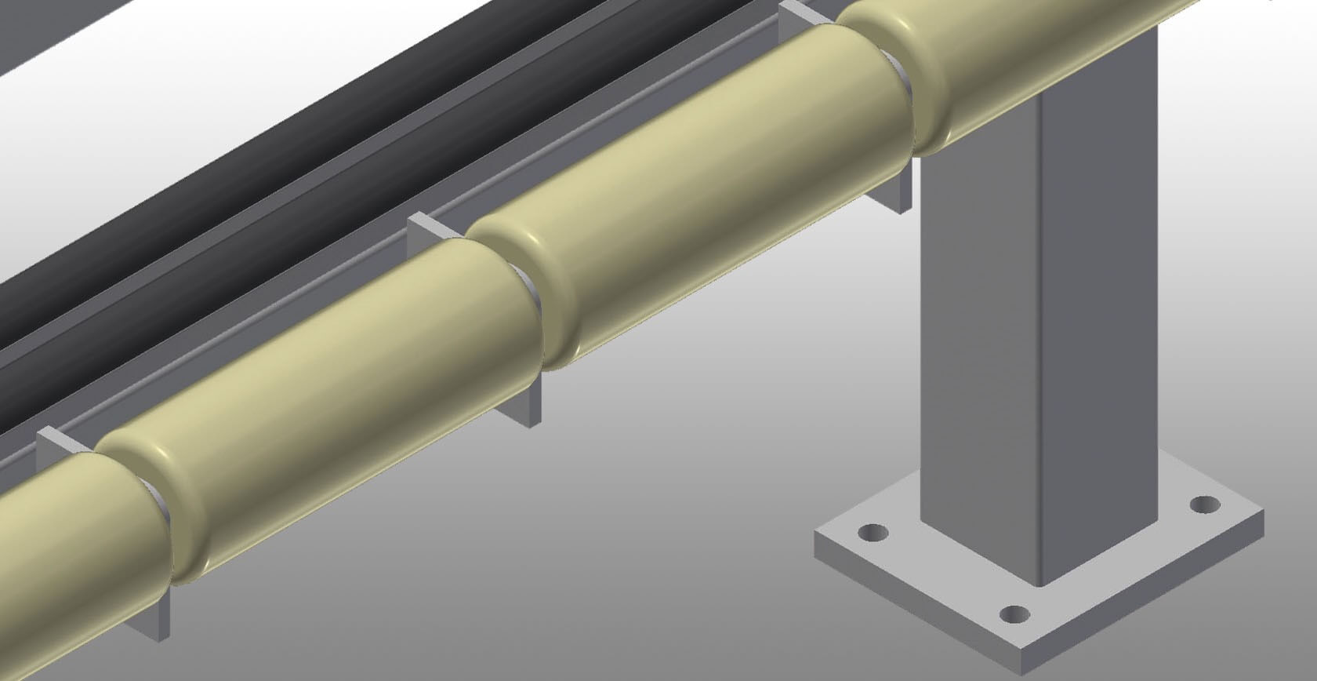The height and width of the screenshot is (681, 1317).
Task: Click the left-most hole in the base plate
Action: [873, 534]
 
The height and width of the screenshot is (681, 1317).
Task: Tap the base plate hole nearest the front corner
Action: [1015, 614]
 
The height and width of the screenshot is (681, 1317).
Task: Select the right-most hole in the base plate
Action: [1205, 504]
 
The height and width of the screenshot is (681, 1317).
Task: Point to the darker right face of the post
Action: [1097, 314]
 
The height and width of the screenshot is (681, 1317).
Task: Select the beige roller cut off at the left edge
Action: [71, 534]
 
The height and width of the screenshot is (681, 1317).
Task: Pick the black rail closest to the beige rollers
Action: [314, 196]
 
